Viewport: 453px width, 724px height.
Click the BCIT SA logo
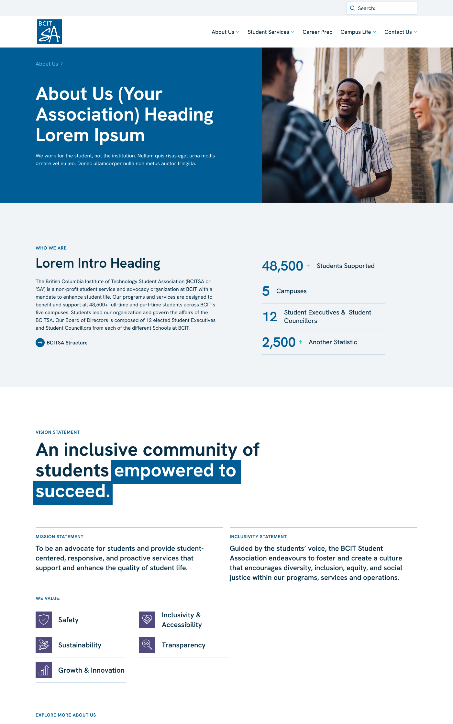point(49,32)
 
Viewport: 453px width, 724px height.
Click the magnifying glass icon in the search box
point(353,8)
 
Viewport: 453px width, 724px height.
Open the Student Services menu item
point(268,32)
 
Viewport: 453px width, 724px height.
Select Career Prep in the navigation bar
point(317,32)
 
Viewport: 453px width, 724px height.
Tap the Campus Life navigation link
point(356,32)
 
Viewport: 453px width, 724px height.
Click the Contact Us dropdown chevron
point(415,32)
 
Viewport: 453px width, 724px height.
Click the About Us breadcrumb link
point(47,64)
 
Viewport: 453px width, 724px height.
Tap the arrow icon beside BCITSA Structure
point(40,343)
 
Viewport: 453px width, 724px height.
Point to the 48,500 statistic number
point(282,266)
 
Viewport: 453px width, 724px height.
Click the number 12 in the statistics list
point(270,317)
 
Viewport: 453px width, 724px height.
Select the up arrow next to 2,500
point(301,342)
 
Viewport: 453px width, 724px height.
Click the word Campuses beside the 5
point(291,291)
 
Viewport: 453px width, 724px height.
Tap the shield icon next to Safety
point(44,620)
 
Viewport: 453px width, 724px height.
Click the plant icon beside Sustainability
point(44,645)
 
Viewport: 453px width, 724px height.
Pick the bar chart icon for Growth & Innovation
point(44,670)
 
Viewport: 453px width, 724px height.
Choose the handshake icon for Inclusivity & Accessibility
point(147,620)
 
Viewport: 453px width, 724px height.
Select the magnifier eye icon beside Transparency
point(147,645)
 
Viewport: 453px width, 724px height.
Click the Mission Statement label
point(60,537)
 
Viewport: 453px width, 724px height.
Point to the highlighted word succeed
point(73,492)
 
